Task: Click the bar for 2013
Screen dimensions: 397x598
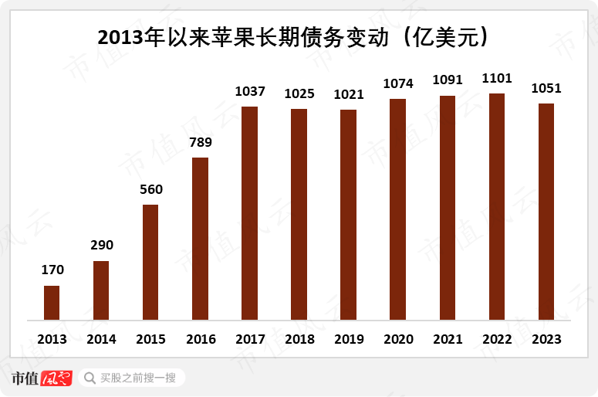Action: (52, 303)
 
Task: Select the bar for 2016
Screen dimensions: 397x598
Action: (200, 239)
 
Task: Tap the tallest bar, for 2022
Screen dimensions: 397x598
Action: (497, 207)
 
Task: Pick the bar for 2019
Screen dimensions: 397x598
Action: (349, 215)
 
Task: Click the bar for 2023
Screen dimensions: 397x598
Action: (546, 212)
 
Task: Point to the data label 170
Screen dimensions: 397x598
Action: (52, 270)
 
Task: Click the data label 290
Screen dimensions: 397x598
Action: (101, 246)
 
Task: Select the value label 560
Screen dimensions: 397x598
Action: (150, 189)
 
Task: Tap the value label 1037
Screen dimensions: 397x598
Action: (249, 91)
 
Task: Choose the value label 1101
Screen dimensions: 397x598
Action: (497, 78)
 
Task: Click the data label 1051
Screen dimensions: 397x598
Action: (546, 88)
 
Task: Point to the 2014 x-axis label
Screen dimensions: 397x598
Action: (101, 339)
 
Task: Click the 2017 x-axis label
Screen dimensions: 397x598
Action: (249, 339)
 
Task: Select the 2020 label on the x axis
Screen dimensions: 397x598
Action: (398, 339)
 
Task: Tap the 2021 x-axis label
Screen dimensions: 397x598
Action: (448, 339)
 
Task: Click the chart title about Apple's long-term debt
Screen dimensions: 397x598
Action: (299, 36)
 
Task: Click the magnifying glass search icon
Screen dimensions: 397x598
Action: (89, 378)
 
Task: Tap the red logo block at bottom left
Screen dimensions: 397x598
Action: (56, 378)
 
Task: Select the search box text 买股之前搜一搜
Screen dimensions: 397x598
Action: (138, 378)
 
